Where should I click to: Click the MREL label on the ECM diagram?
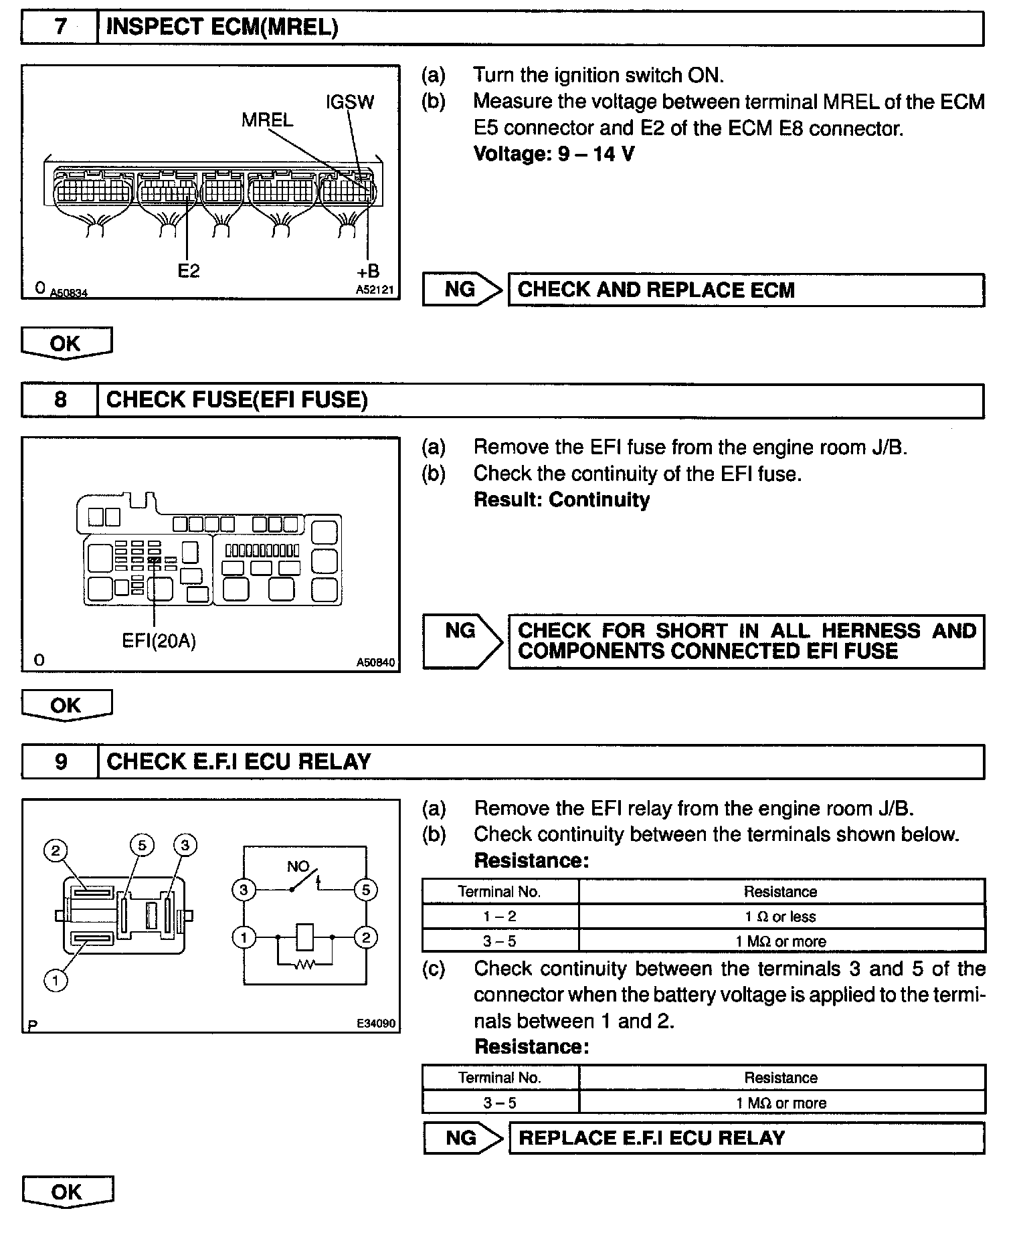tap(267, 120)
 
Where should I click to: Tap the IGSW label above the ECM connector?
tap(349, 102)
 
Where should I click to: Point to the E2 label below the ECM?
tap(188, 271)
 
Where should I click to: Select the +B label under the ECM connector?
tap(367, 271)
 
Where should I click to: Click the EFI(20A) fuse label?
tap(159, 640)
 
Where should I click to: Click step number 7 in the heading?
tap(60, 27)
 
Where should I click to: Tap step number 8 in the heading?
tap(60, 400)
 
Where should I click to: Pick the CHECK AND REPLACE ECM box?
tap(745, 290)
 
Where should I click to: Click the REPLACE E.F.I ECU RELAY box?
tap(746, 1138)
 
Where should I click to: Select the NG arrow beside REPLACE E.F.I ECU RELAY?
tap(462, 1138)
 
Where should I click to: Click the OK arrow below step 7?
tap(66, 343)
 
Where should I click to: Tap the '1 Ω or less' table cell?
tap(781, 917)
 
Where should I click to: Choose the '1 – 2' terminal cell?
tap(500, 917)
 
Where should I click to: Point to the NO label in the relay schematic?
tap(297, 867)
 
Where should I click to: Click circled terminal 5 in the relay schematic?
tap(365, 890)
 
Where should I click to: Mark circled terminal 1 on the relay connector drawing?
tap(56, 981)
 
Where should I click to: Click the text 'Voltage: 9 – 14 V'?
tap(553, 155)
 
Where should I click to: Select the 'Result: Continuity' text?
tap(561, 500)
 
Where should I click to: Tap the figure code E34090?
tap(376, 1024)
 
